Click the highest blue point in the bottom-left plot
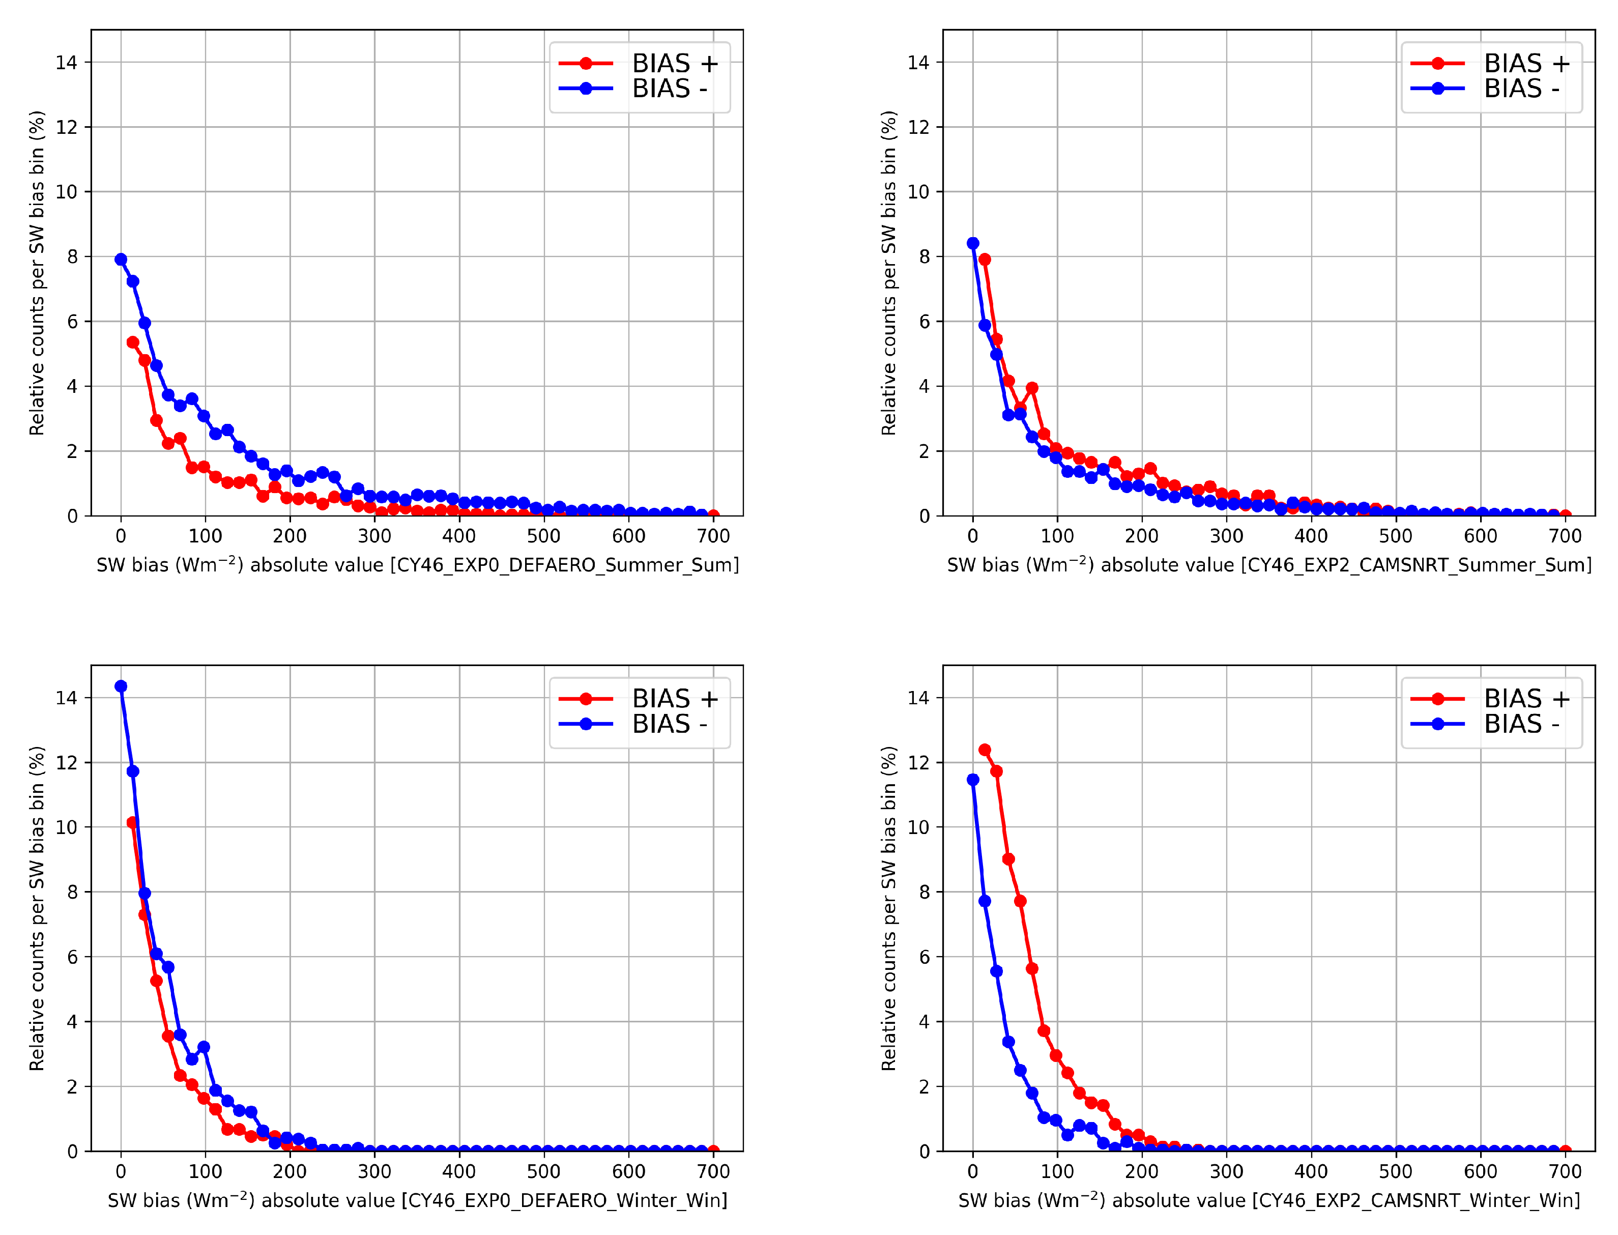[121, 686]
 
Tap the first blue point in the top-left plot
[121, 260]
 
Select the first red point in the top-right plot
[985, 260]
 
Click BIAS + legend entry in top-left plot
[638, 63]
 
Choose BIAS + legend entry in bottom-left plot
[638, 698]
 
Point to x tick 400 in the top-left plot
[459, 536]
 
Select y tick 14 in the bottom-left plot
[66, 698]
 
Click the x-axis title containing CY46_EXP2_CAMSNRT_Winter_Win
[1269, 1200]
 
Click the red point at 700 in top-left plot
[713, 515]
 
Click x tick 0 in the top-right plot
[972, 536]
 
